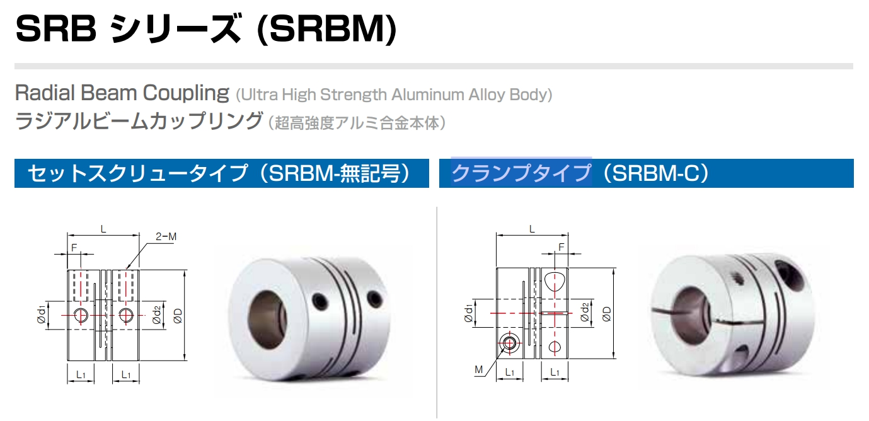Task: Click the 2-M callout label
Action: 166,236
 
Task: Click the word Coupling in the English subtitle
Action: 186,93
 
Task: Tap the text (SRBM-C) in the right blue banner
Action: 656,173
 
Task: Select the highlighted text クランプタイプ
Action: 521,173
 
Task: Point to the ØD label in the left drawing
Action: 178,316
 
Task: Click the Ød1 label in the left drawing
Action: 41,314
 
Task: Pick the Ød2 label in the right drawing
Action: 585,313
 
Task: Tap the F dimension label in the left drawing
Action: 74,248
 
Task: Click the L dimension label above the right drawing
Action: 532,229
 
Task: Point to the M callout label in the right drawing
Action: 479,370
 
